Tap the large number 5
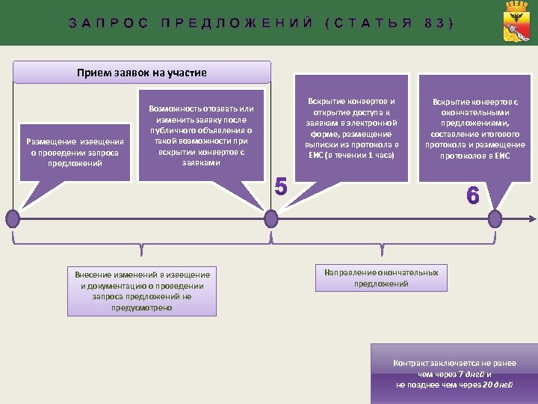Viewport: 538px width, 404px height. [281, 186]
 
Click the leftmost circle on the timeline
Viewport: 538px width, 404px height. [13, 218]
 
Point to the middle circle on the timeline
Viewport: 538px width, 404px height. [270, 218]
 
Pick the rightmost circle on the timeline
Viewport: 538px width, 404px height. [495, 218]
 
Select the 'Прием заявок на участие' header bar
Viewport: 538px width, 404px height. [142, 73]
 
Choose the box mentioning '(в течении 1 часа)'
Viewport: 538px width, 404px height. [352, 127]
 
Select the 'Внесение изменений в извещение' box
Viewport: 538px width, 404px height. [141, 290]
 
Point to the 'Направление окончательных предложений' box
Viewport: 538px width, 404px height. [381, 278]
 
